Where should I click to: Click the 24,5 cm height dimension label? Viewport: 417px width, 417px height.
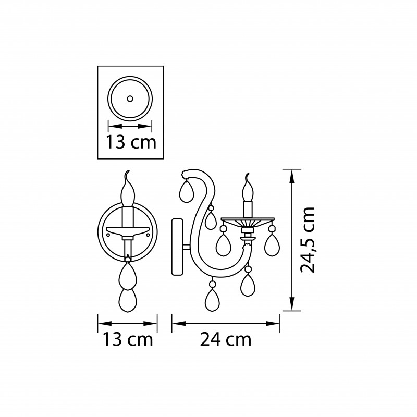click(x=308, y=240)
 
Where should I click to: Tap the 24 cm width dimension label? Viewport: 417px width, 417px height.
click(x=226, y=339)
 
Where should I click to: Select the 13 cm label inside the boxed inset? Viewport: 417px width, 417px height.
click(x=131, y=142)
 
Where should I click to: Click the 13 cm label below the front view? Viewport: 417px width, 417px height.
click(x=128, y=339)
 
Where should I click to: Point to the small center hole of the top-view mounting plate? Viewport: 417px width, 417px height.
click(x=130, y=99)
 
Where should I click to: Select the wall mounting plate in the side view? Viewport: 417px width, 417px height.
click(x=177, y=247)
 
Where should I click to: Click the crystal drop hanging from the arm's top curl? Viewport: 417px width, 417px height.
click(x=187, y=191)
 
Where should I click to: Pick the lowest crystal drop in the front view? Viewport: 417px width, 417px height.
click(x=128, y=301)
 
